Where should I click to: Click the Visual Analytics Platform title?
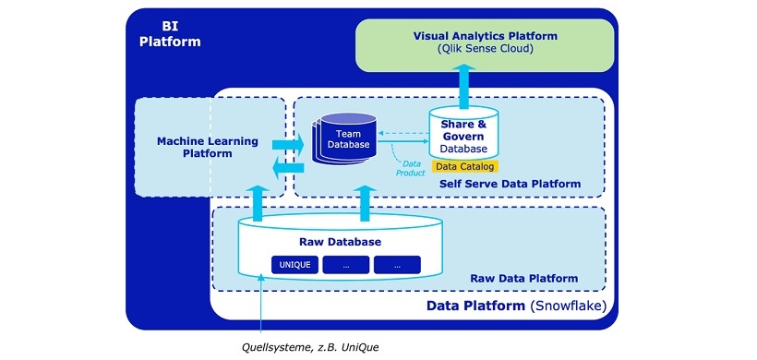pyautogui.click(x=485, y=36)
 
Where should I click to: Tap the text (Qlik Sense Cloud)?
pyautogui.click(x=485, y=49)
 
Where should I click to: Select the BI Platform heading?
pyautogui.click(x=169, y=34)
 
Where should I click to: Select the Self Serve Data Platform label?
pyautogui.click(x=510, y=184)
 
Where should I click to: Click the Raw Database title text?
pyautogui.click(x=341, y=242)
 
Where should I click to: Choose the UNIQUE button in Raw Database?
pyautogui.click(x=294, y=264)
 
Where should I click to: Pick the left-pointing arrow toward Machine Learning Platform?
pyautogui.click(x=289, y=167)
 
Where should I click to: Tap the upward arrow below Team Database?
pyautogui.click(x=364, y=202)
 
